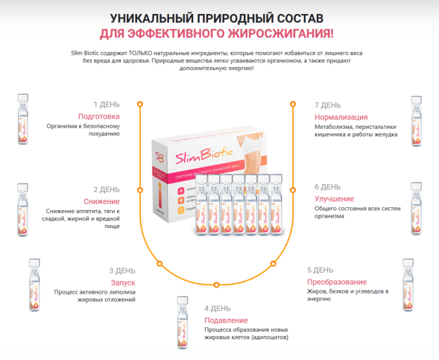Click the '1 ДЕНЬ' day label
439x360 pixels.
[106, 104]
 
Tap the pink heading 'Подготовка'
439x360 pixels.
[98, 116]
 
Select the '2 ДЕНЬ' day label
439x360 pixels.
[105, 189]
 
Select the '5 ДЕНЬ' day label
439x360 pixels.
[320, 270]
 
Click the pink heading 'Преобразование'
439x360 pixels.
[337, 282]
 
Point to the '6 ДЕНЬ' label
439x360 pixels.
[327, 187]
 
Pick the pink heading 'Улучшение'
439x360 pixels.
[335, 199]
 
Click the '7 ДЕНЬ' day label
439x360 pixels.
[327, 105]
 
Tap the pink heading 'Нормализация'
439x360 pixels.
[341, 117]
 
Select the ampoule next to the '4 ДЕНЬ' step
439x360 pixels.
[180, 320]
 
